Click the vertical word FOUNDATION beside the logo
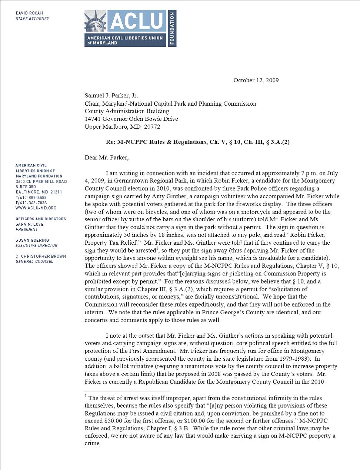pyautogui.click(x=172, y=28)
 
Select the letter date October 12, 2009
pyautogui.click(x=256, y=80)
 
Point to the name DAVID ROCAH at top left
pyautogui.click(x=29, y=13)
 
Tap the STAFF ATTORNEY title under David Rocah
pyautogui.click(x=32, y=19)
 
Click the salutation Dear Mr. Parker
pyautogui.click(x=107, y=158)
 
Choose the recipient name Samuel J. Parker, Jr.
pyautogui.click(x=111, y=96)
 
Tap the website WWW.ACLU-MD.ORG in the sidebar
pyautogui.click(x=36, y=208)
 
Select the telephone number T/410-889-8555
pyautogui.click(x=31, y=198)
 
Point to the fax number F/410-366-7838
pyautogui.click(x=31, y=203)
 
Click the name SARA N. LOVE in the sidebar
pyautogui.click(x=30, y=224)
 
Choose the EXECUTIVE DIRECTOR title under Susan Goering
pyautogui.click(x=37, y=245)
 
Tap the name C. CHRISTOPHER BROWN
pyautogui.click(x=41, y=256)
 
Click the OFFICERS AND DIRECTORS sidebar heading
pyautogui.click(x=41, y=219)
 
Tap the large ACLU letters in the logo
pyautogui.click(x=137, y=21)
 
